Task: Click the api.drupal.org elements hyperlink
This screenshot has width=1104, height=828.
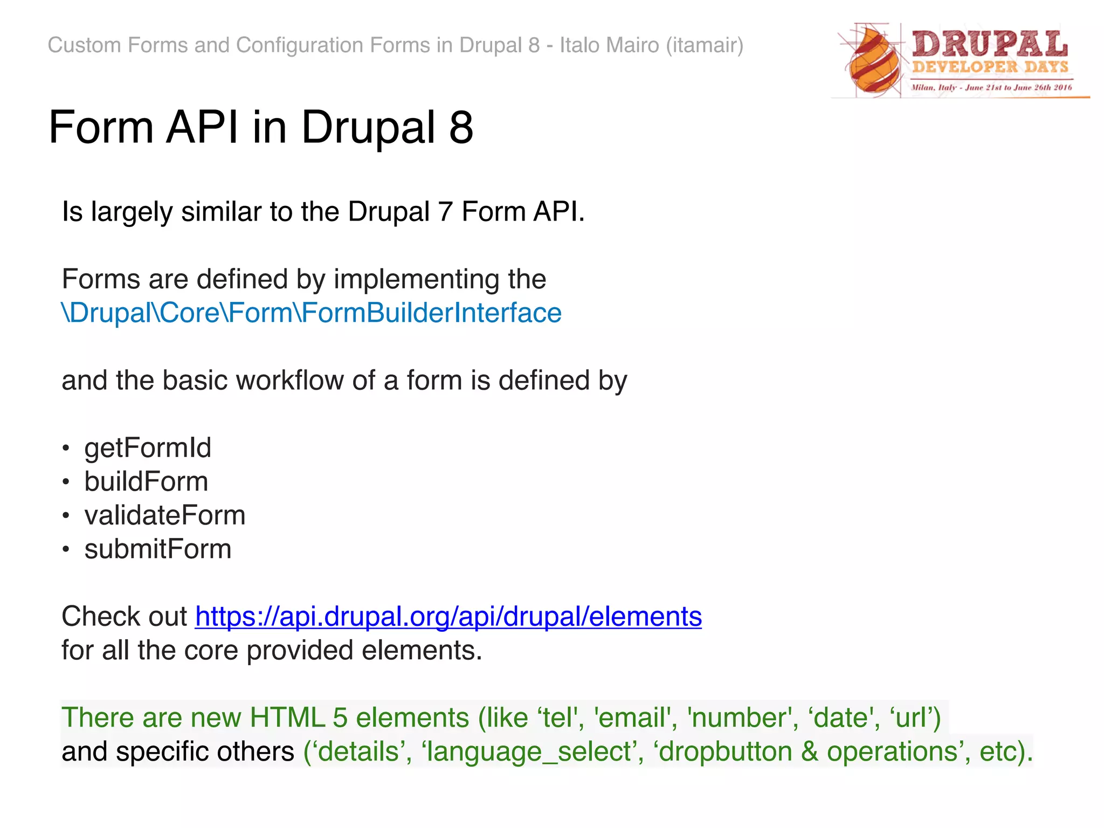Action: pos(448,616)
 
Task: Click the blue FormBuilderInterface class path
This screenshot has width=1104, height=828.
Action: pos(312,313)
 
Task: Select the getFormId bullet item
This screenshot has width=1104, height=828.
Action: pos(148,448)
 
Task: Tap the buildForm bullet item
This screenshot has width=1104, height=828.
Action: pos(146,481)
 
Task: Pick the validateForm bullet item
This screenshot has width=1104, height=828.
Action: pos(164,515)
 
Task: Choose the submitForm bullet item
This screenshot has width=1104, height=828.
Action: pos(157,549)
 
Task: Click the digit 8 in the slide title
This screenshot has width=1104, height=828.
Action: pos(461,128)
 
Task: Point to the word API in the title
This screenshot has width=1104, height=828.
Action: pos(202,128)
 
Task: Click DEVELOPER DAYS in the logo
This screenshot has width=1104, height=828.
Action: pos(990,67)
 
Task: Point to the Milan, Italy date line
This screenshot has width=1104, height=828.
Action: pos(991,87)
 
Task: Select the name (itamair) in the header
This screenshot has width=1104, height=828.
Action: pos(705,45)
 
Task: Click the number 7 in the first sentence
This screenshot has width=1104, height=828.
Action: pos(445,212)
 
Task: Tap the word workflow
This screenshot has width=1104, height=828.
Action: pos(290,381)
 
